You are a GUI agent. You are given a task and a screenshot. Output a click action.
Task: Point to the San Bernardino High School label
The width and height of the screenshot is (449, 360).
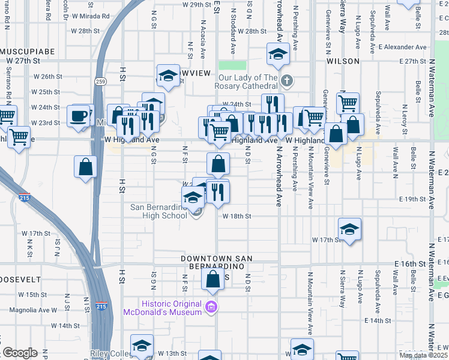[158, 212]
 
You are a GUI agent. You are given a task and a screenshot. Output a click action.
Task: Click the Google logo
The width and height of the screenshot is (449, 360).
[20, 353]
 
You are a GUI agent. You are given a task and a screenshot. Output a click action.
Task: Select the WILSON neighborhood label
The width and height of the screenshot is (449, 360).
[343, 61]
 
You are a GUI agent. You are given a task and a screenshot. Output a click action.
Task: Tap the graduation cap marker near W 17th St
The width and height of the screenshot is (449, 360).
[349, 229]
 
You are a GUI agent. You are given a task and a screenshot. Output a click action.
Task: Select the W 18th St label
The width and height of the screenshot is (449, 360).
[236, 216]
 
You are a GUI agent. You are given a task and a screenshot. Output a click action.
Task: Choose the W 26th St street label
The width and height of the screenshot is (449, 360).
[48, 76]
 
